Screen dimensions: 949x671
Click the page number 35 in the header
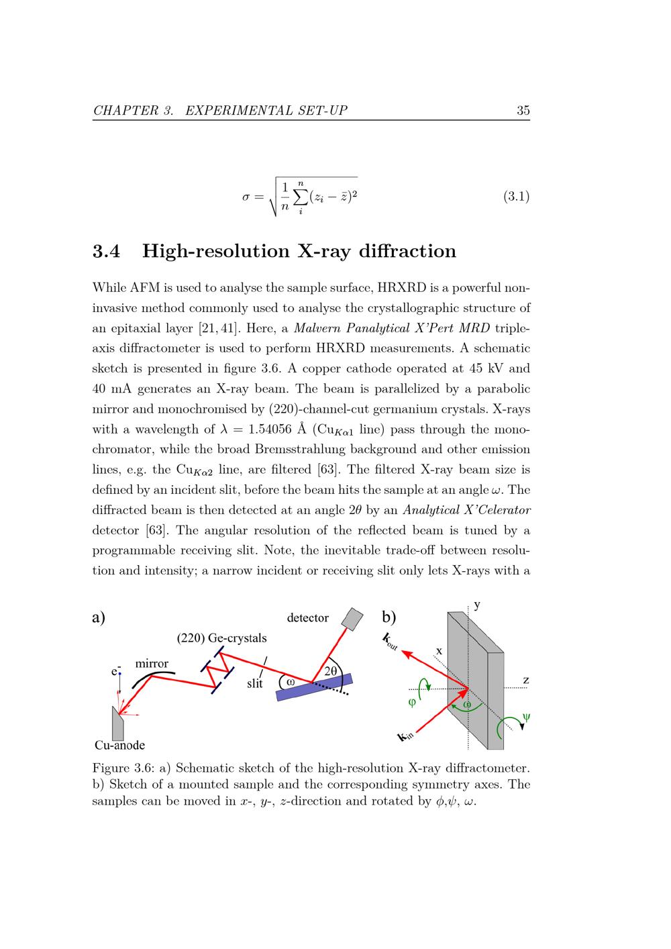click(x=523, y=111)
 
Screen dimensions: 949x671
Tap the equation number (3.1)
click(x=516, y=197)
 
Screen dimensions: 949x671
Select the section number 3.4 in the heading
click(x=106, y=252)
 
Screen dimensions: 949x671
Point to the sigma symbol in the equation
click(x=246, y=197)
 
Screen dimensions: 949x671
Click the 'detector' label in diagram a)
click(x=307, y=617)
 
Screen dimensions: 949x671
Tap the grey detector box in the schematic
click(x=352, y=618)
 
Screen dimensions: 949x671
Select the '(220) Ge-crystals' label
click(x=221, y=638)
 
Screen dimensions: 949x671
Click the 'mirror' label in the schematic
click(x=152, y=664)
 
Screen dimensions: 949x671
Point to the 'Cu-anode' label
click(x=119, y=745)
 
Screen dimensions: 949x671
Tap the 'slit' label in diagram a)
click(x=254, y=684)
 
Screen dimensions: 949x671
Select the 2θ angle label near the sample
click(x=330, y=670)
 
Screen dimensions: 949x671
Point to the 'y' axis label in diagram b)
click(x=477, y=605)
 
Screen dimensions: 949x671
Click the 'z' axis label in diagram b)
click(x=525, y=681)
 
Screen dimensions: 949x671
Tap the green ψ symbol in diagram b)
click(x=526, y=717)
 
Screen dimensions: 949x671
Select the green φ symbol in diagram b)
click(x=412, y=703)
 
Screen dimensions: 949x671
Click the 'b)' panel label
click(x=389, y=616)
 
